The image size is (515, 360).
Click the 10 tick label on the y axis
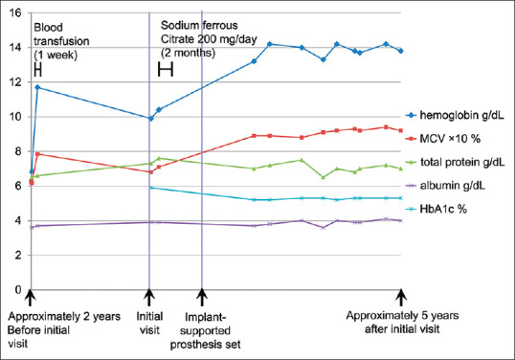[x=12, y=117]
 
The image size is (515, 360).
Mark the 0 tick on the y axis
[x=16, y=289]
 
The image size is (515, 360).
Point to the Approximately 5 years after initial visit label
[x=402, y=329]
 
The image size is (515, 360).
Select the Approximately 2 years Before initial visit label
[x=57, y=329]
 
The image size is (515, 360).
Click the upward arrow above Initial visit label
[x=148, y=299]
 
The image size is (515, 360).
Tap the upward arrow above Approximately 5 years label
[x=401, y=299]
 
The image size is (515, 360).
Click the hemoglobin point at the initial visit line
[x=150, y=118]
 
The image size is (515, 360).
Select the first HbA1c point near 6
[x=150, y=188]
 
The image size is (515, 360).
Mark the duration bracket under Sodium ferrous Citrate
[x=166, y=69]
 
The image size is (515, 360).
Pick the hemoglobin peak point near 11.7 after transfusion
[x=37, y=87]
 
